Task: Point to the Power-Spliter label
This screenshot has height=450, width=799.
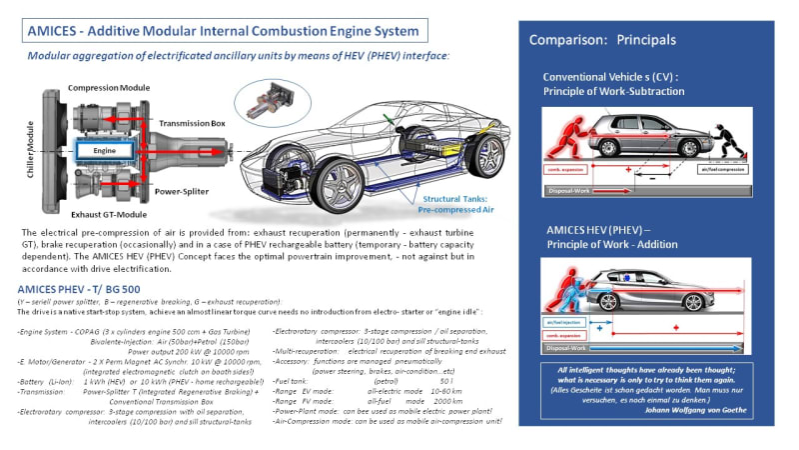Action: click(x=190, y=186)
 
